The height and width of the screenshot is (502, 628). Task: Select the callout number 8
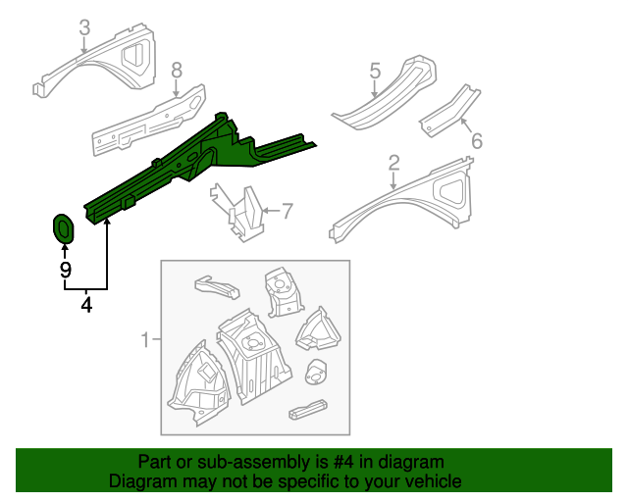tap(177, 70)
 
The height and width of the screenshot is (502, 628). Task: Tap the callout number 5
tap(375, 70)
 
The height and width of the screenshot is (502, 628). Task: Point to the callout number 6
tap(477, 141)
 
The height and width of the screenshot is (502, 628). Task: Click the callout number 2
tap(393, 162)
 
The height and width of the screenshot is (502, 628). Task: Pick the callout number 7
tap(288, 209)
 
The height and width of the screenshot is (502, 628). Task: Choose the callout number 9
tap(65, 269)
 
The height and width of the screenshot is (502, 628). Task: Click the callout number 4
tap(86, 306)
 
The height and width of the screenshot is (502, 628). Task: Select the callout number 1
tap(145, 340)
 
